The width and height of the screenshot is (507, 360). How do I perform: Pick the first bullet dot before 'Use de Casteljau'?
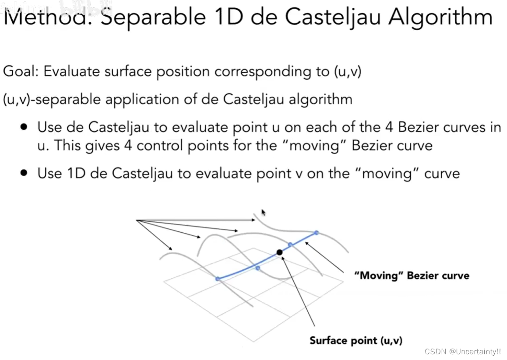[x=25, y=127]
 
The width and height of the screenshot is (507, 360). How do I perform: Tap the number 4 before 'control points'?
[x=128, y=145]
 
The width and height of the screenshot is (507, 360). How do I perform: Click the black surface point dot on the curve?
[x=279, y=252]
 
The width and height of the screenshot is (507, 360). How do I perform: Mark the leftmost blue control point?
[x=218, y=279]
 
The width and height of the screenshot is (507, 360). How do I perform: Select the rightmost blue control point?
[x=316, y=233]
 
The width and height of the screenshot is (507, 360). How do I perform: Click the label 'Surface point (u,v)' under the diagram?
[x=356, y=340]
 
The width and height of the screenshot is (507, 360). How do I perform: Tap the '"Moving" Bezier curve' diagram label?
[x=412, y=276]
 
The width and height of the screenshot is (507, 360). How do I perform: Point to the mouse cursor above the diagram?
[x=264, y=213]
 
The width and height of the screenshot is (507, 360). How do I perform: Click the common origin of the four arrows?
[x=137, y=220]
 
